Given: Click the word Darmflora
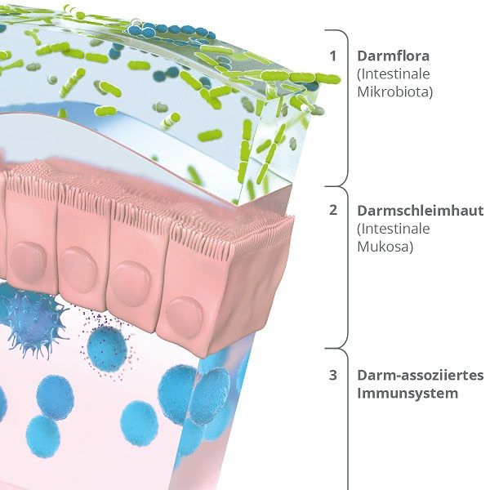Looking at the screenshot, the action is pyautogui.click(x=393, y=56).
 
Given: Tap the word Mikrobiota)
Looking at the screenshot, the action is pyautogui.click(x=394, y=91).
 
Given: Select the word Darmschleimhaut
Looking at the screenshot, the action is pyautogui.click(x=421, y=211).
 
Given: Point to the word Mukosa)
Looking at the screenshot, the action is pyautogui.click(x=385, y=247).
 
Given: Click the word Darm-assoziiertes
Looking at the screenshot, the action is pyautogui.click(x=421, y=375).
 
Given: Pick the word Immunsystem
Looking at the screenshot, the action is pyautogui.click(x=408, y=393).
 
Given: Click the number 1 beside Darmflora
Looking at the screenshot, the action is pyautogui.click(x=333, y=56).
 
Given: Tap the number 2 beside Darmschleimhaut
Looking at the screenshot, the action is pyautogui.click(x=333, y=210).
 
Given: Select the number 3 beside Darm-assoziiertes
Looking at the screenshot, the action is pyautogui.click(x=333, y=375).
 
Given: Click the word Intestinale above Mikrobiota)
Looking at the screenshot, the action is pyautogui.click(x=394, y=74).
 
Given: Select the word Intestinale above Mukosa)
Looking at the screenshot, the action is pyautogui.click(x=394, y=229).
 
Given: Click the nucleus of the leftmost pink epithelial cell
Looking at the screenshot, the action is pyautogui.click(x=28, y=260).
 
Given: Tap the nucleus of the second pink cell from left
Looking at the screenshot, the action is pyautogui.click(x=78, y=269).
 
